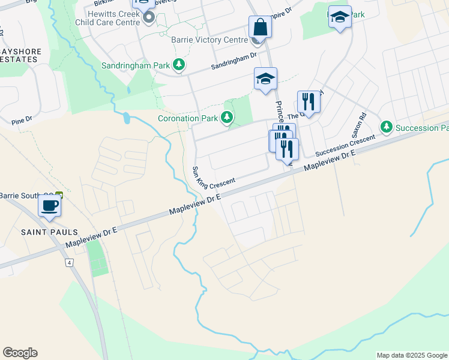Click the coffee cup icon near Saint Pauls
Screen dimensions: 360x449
pos(49,206)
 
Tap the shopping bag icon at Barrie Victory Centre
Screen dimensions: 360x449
pos(260,27)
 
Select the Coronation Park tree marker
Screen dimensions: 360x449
pos(227,118)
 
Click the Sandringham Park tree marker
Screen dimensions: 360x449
pos(178,64)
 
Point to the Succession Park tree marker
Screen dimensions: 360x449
pos(387,127)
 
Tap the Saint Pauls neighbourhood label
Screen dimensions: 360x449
pos(41,232)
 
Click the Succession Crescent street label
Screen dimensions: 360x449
pos(345,145)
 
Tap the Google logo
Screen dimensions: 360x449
pos(20,353)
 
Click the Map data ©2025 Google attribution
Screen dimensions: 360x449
pos(412,355)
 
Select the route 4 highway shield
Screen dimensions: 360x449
pos(70,263)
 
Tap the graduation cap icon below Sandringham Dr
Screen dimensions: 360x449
pos(265,79)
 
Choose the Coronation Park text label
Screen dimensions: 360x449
pos(187,118)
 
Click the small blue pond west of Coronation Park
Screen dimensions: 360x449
pos(127,117)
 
